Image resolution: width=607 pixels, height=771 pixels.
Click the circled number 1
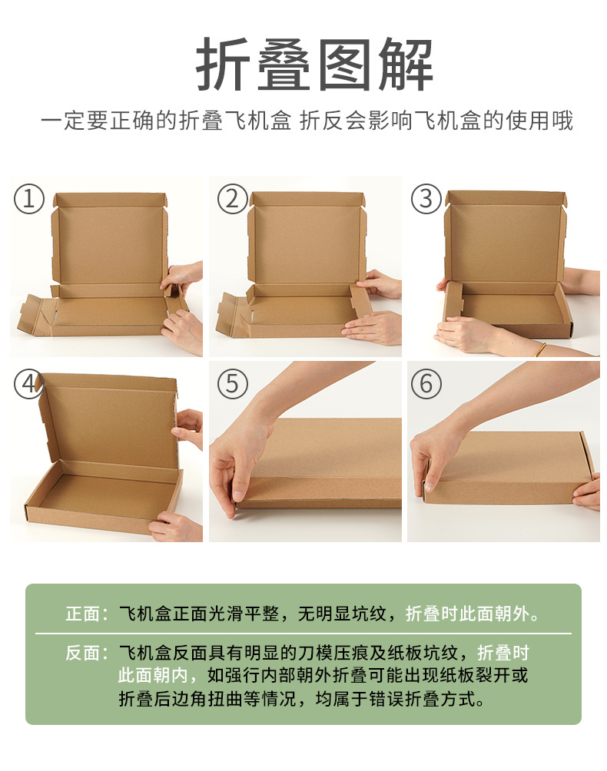coord(29,199)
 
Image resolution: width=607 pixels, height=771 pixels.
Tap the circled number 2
coord(232,199)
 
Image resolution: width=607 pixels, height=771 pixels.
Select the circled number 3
coord(426,199)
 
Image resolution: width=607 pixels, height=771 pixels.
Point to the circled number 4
coord(29,384)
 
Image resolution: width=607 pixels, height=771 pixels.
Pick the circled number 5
coord(232,384)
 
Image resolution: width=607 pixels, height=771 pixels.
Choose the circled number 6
coord(426,384)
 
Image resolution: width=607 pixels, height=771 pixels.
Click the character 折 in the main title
coord(221,65)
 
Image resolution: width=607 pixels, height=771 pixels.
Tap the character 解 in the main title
coord(406,65)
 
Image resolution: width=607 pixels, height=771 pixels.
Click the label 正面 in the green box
coord(82,614)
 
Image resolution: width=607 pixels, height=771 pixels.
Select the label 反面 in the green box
coord(82,653)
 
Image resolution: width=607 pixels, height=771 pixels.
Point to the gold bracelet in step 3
coord(541,349)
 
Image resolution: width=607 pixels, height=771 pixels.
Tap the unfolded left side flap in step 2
coord(231,314)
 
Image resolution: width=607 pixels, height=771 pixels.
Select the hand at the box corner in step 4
coord(176,527)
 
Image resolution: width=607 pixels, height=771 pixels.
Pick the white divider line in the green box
coord(303,634)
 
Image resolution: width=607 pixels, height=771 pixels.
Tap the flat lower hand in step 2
coord(373,328)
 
